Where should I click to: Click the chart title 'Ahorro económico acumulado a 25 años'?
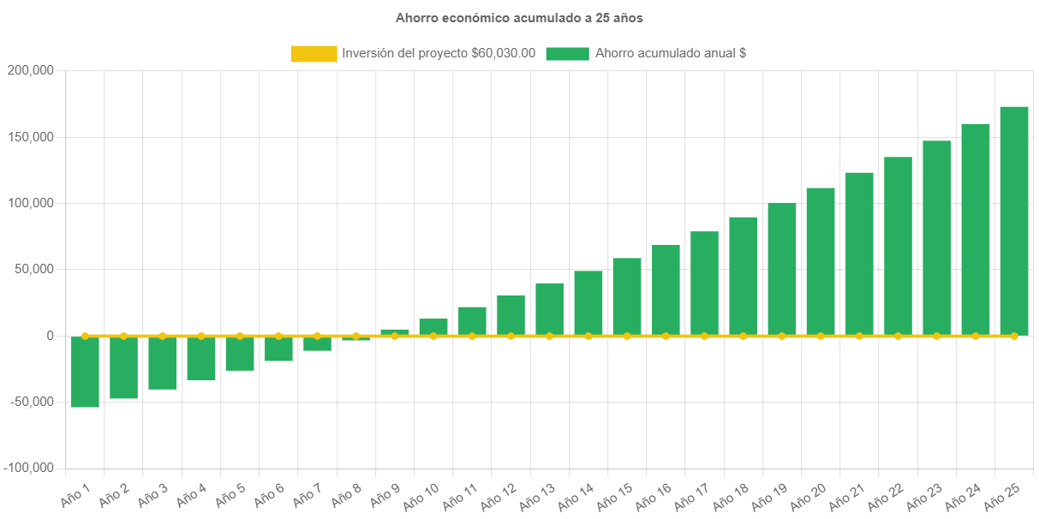coord(519,18)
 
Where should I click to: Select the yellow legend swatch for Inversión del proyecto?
coord(313,54)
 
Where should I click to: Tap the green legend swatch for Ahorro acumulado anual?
coord(567,54)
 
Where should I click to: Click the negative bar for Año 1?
coord(85,372)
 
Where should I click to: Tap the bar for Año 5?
coord(240,354)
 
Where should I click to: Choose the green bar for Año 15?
coord(627,296)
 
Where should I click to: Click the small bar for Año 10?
coord(433,327)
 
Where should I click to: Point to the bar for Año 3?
coord(162,363)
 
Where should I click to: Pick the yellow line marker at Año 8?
coord(356,336)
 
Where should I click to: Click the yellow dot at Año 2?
coord(123,336)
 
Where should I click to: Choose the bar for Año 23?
coord(936,238)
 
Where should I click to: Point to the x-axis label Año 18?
coord(731,494)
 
